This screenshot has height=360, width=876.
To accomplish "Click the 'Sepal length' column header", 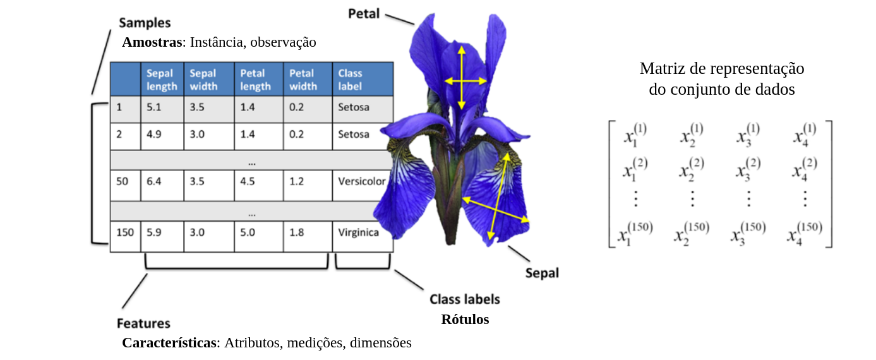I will pyautogui.click(x=162, y=80).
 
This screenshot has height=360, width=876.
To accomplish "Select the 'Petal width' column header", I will pyautogui.click(x=303, y=80).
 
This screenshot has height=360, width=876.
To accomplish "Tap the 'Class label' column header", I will pyautogui.click(x=351, y=80).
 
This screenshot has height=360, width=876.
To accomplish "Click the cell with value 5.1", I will pyautogui.click(x=154, y=107).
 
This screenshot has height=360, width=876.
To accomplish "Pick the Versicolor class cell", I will pyautogui.click(x=362, y=181).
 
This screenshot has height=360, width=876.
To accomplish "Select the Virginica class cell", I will pyautogui.click(x=359, y=232).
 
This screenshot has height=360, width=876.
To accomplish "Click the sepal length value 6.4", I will pyautogui.click(x=154, y=181).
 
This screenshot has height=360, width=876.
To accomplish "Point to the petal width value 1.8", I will pyautogui.click(x=297, y=232).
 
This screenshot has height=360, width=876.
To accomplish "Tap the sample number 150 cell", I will pyautogui.click(x=125, y=232).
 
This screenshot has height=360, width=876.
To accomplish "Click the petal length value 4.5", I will pyautogui.click(x=248, y=181).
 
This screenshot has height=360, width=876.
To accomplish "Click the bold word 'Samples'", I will pyautogui.click(x=145, y=23).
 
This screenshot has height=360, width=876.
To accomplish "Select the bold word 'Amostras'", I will pyautogui.click(x=152, y=42).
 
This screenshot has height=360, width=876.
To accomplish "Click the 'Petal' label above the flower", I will pyautogui.click(x=364, y=13).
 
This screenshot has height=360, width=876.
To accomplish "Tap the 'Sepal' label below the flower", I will pyautogui.click(x=542, y=273).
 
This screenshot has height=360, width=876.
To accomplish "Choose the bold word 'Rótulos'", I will pyautogui.click(x=465, y=319).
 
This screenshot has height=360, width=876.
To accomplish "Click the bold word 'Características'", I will pyautogui.click(x=169, y=343).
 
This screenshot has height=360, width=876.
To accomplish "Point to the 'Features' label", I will pyautogui.click(x=143, y=323).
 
